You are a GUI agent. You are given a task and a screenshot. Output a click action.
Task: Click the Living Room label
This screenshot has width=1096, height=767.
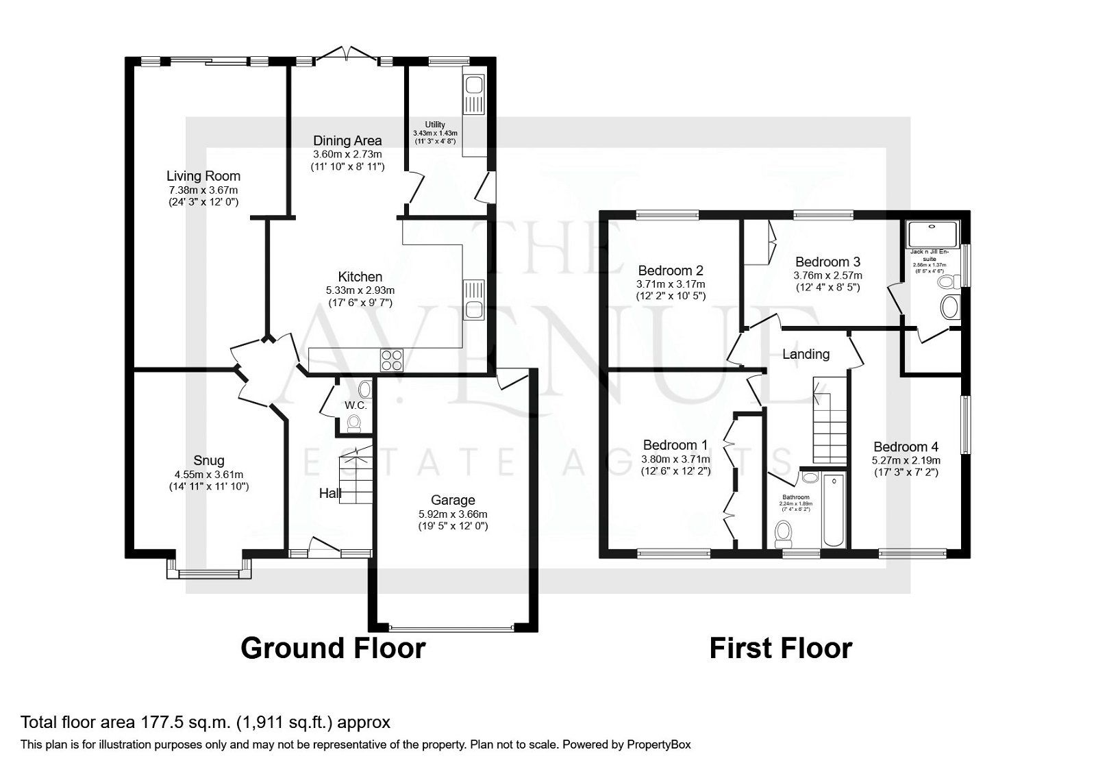coord(203,176)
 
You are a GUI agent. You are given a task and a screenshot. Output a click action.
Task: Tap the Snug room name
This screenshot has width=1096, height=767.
coord(208,460)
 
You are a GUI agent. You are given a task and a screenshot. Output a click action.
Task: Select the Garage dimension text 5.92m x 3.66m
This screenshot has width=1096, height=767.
coord(453,514)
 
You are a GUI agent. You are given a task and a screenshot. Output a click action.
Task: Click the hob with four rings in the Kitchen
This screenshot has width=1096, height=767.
coord(392,360)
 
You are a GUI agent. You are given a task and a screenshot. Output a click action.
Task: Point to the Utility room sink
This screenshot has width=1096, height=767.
coord(473,86)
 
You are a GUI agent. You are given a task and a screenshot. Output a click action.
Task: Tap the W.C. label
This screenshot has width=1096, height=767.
coord(356,405)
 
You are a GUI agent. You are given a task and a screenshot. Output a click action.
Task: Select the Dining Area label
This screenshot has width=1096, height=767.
coord(347,141)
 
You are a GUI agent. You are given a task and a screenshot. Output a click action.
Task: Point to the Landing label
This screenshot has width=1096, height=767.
coord(806,354)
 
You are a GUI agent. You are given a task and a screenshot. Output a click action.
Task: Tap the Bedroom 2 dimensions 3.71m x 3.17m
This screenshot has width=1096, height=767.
coord(671,284)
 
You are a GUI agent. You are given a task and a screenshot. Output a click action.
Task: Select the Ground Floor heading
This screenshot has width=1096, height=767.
coord(333,648)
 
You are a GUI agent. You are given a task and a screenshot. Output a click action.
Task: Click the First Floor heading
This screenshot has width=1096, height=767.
coord(780,648)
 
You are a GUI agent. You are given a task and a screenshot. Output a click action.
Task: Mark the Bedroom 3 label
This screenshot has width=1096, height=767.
coord(827,262)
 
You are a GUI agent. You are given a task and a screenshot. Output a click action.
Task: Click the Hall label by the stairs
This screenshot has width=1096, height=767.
coord(330,493)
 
